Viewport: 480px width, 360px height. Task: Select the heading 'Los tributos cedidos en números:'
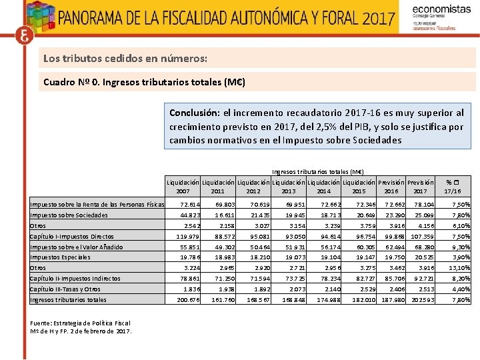[x=125, y=59]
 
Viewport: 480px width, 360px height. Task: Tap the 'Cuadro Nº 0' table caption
[x=144, y=82]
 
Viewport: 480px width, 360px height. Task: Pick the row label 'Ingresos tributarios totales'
[x=68, y=300]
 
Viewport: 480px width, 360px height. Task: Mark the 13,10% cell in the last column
[x=460, y=268]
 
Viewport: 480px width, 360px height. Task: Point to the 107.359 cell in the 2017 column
[x=421, y=237]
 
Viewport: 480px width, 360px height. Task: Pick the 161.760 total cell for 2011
[x=217, y=300]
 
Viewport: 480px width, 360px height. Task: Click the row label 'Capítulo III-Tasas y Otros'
[x=65, y=289]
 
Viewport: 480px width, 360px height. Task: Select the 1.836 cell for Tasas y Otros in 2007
[x=183, y=289]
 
